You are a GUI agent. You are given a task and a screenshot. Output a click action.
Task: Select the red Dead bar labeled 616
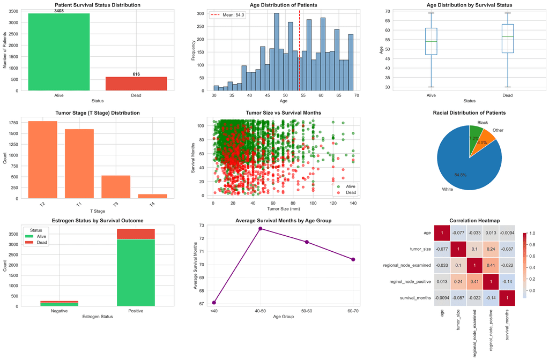tap(136, 84)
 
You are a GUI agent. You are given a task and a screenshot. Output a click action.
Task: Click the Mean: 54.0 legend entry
tap(231, 15)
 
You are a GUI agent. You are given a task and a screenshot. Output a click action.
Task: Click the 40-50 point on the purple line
tap(261, 229)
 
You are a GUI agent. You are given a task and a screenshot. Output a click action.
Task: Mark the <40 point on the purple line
tap(214, 303)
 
